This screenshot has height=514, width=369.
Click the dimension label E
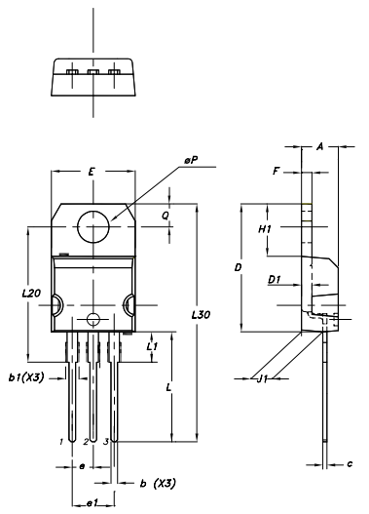(x=91, y=171)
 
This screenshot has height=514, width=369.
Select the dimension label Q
(x=166, y=217)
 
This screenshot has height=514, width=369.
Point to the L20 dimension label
(x=30, y=293)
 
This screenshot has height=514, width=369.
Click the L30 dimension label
(x=201, y=314)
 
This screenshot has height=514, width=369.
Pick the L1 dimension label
(x=152, y=346)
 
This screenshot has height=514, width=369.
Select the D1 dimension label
(x=275, y=280)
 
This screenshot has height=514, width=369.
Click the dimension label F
(x=277, y=171)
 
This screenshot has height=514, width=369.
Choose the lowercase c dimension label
(x=350, y=463)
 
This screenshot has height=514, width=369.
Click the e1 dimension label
(x=91, y=502)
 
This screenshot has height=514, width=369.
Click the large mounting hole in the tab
(x=93, y=226)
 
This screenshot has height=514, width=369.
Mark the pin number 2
(x=85, y=442)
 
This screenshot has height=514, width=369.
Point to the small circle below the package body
(x=93, y=318)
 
